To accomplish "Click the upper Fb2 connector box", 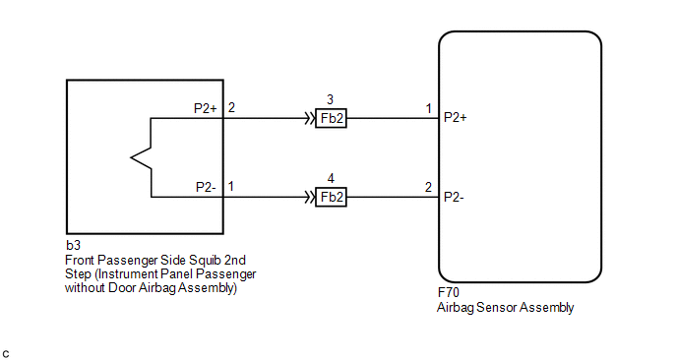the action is (332, 118).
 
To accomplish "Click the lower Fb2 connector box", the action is (332, 198).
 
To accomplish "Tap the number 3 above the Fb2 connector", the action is (331, 99).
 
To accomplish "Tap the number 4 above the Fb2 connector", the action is (331, 178).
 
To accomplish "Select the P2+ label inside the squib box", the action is (205, 108).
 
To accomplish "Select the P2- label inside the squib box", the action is (206, 187).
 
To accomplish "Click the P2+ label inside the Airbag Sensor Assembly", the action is (455, 117).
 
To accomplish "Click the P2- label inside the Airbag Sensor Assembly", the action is (454, 197).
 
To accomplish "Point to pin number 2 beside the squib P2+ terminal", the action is (231, 107).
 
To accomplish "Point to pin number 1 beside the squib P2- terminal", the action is (231, 187).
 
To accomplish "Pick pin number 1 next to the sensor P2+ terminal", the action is (428, 108).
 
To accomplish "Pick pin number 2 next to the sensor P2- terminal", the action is (428, 187).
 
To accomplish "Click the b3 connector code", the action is (73, 245).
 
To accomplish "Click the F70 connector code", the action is (448, 293).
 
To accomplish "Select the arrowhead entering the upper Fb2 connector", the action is (310, 118).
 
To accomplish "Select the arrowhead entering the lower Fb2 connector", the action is (310, 198).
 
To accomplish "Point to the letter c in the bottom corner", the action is (6, 354).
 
